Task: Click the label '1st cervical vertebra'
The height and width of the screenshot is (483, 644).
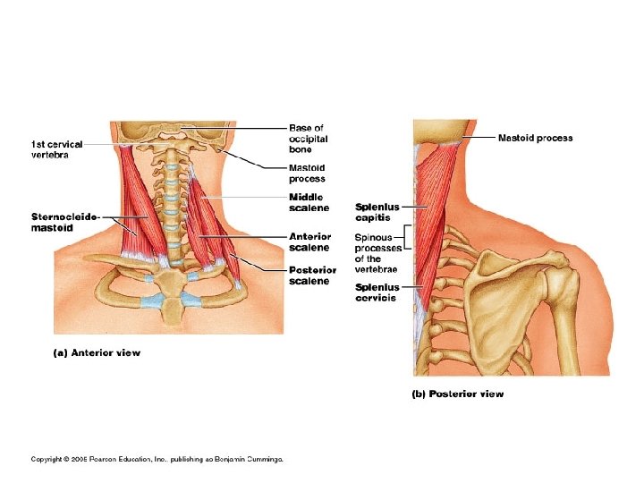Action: pos(55,148)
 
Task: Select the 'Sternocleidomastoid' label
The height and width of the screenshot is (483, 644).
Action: pos(64,222)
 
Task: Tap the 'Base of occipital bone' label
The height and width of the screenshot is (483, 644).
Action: pos(308,139)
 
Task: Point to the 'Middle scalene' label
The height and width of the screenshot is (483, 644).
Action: pos(308,202)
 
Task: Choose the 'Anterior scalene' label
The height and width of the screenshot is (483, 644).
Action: pos(309,241)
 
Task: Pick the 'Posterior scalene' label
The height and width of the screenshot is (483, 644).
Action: pos(312,275)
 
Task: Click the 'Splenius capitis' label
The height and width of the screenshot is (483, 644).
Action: pos(377,212)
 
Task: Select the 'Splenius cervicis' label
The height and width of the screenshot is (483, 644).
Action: pos(377,292)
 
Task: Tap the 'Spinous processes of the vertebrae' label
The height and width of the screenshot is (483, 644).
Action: pos(377,253)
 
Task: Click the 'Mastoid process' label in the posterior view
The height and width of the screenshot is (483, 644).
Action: pos(535,138)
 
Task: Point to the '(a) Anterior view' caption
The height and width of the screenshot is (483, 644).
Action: pos(97,352)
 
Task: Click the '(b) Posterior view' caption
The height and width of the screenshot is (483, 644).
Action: pos(457,394)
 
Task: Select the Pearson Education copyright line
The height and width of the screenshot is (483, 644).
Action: pos(157,459)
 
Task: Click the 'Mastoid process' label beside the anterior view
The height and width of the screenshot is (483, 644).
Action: pos(307,173)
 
